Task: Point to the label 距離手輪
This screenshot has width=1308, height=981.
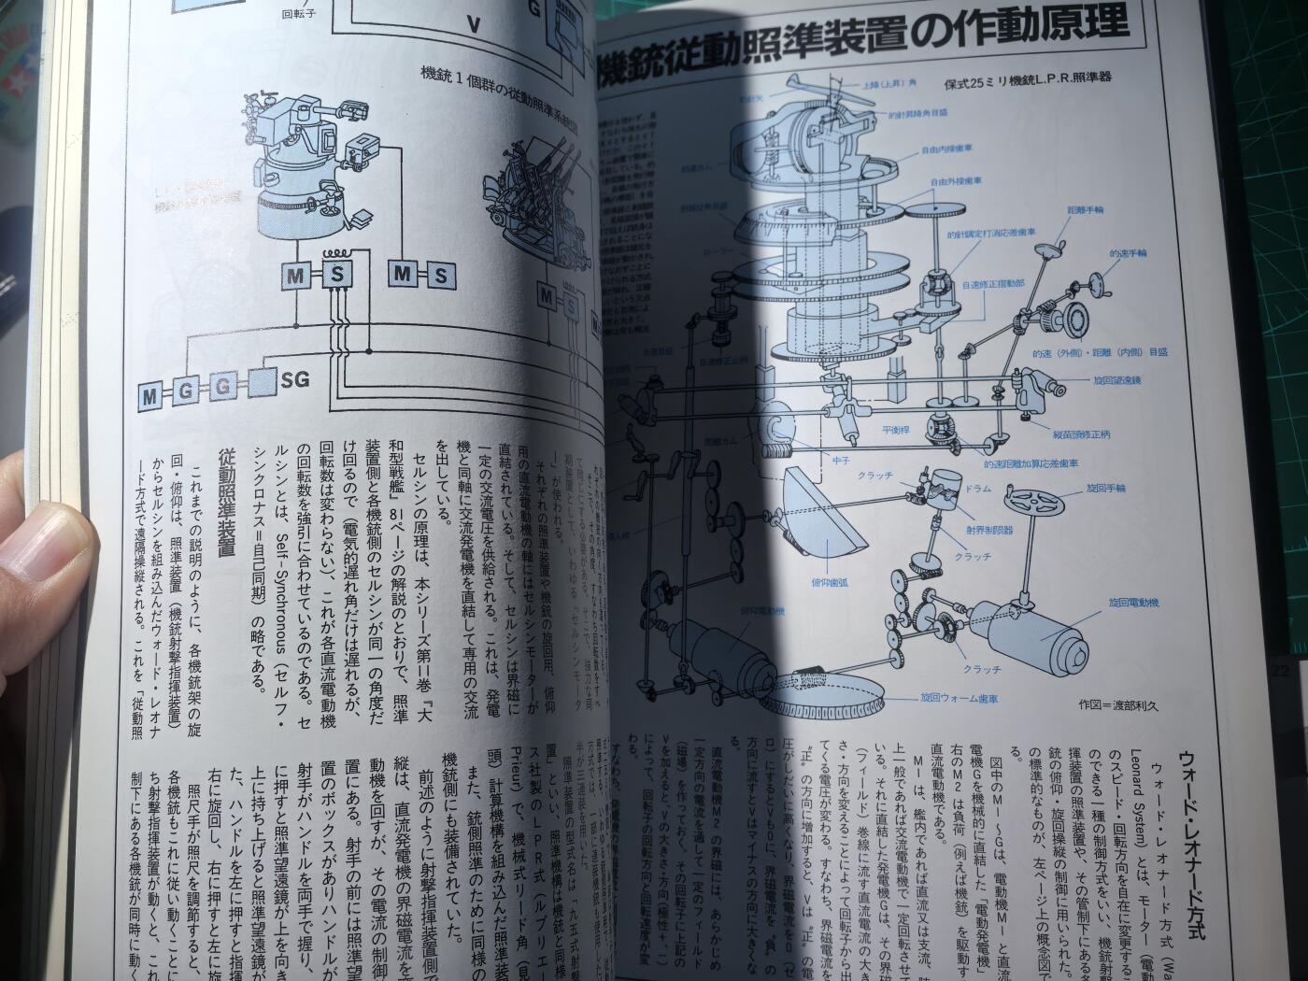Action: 1084,211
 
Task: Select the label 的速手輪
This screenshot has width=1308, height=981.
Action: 1128,253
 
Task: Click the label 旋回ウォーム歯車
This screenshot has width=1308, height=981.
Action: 959,698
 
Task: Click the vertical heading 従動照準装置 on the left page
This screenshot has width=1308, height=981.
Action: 227,504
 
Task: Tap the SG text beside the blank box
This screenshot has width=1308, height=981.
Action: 295,379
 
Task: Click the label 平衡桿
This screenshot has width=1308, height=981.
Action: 898,430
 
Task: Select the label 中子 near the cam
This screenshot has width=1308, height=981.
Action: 814,460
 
